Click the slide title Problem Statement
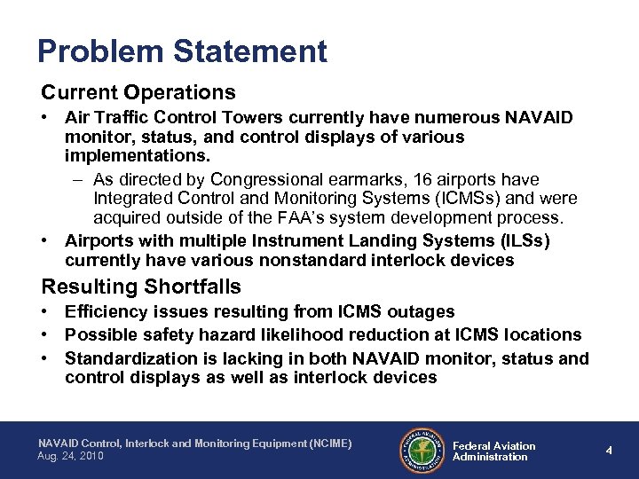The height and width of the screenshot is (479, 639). (x=182, y=51)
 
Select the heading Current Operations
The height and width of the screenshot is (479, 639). (x=138, y=92)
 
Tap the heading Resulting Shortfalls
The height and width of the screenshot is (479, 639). (x=141, y=287)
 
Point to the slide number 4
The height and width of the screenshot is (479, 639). (x=609, y=450)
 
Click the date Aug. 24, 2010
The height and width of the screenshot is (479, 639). (x=71, y=457)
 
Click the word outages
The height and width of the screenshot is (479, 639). (x=424, y=311)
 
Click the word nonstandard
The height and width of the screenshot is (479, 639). (x=297, y=260)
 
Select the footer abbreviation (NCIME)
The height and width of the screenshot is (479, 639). (x=323, y=443)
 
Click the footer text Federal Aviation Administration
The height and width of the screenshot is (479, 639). (x=493, y=451)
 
